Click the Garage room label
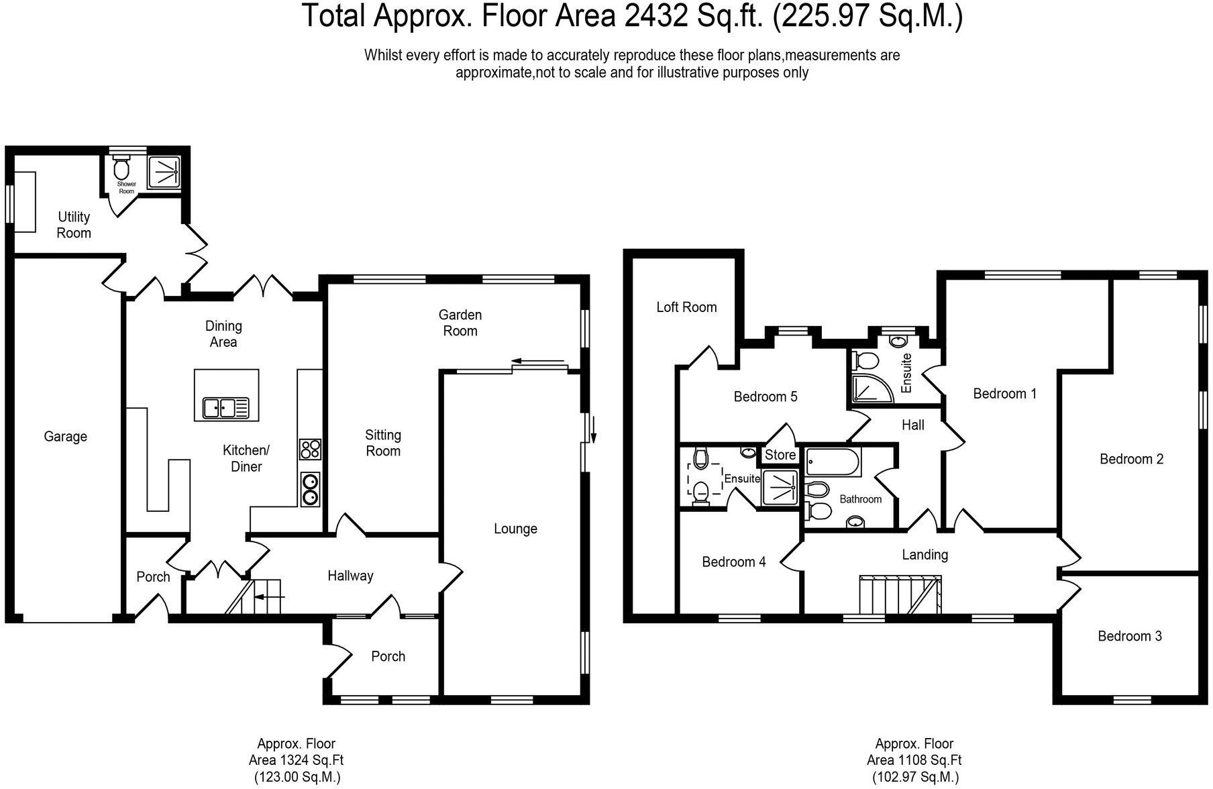(65, 437)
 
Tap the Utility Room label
(74, 225)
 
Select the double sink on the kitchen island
(227, 407)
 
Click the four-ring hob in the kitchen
(310, 449)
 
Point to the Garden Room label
(460, 323)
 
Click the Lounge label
(515, 529)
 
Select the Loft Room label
(686, 307)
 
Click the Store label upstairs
(780, 455)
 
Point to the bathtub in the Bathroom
(833, 463)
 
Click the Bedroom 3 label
(1130, 636)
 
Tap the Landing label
(925, 555)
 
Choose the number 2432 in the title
(655, 16)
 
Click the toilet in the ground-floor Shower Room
(121, 166)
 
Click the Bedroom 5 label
(766, 397)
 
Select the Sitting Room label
(383, 443)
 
